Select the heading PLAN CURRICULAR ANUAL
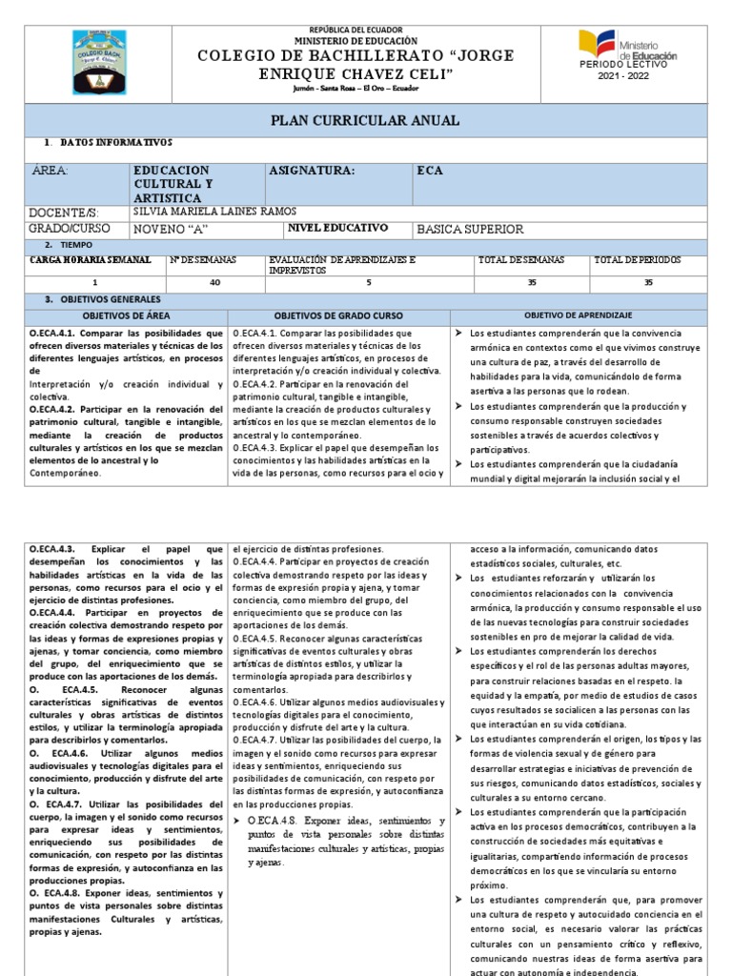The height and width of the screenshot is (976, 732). [x=366, y=121]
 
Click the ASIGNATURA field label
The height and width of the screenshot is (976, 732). [x=312, y=171]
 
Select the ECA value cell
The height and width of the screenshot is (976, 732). [x=430, y=171]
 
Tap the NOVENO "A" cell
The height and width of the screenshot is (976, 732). [x=172, y=229]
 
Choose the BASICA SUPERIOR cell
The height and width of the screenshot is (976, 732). [x=470, y=229]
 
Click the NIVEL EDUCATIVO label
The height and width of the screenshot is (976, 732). [x=337, y=228]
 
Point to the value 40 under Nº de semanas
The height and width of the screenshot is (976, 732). [x=213, y=283]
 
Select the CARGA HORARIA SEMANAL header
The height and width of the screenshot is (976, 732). [x=91, y=259]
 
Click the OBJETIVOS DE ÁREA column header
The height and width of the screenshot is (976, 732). [x=126, y=315]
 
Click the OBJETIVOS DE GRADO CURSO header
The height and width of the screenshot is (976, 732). [x=338, y=315]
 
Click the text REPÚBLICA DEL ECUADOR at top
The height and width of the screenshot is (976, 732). [x=366, y=30]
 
